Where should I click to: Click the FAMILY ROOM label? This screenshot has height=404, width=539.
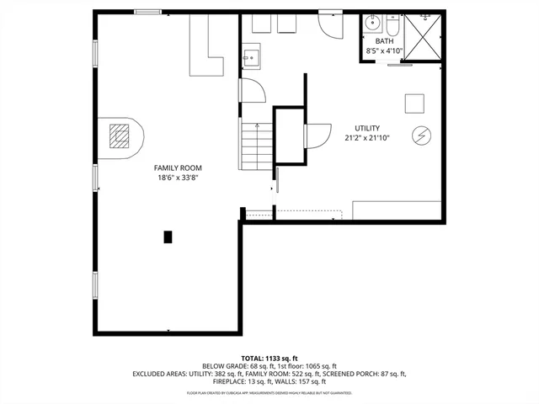[x=178, y=167]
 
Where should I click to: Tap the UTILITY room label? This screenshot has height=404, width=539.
[x=367, y=128]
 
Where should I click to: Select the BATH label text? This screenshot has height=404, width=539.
[x=384, y=41]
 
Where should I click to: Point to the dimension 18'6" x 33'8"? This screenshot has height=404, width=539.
[x=178, y=178]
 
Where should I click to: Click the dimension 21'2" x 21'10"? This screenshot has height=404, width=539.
[x=367, y=138]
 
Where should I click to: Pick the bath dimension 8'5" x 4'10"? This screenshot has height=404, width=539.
[x=384, y=51]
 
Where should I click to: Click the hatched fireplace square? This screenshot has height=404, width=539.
[x=121, y=135]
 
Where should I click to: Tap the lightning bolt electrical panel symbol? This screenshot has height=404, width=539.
[x=420, y=136]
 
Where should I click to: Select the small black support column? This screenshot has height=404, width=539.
[x=168, y=237]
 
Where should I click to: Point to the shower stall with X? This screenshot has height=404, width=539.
[x=424, y=36]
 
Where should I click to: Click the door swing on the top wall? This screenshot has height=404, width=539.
[x=331, y=24]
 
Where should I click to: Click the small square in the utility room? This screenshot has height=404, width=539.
[x=414, y=102]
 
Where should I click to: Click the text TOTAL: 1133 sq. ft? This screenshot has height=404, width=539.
[x=269, y=357]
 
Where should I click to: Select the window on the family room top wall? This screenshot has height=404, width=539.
[x=148, y=12]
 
